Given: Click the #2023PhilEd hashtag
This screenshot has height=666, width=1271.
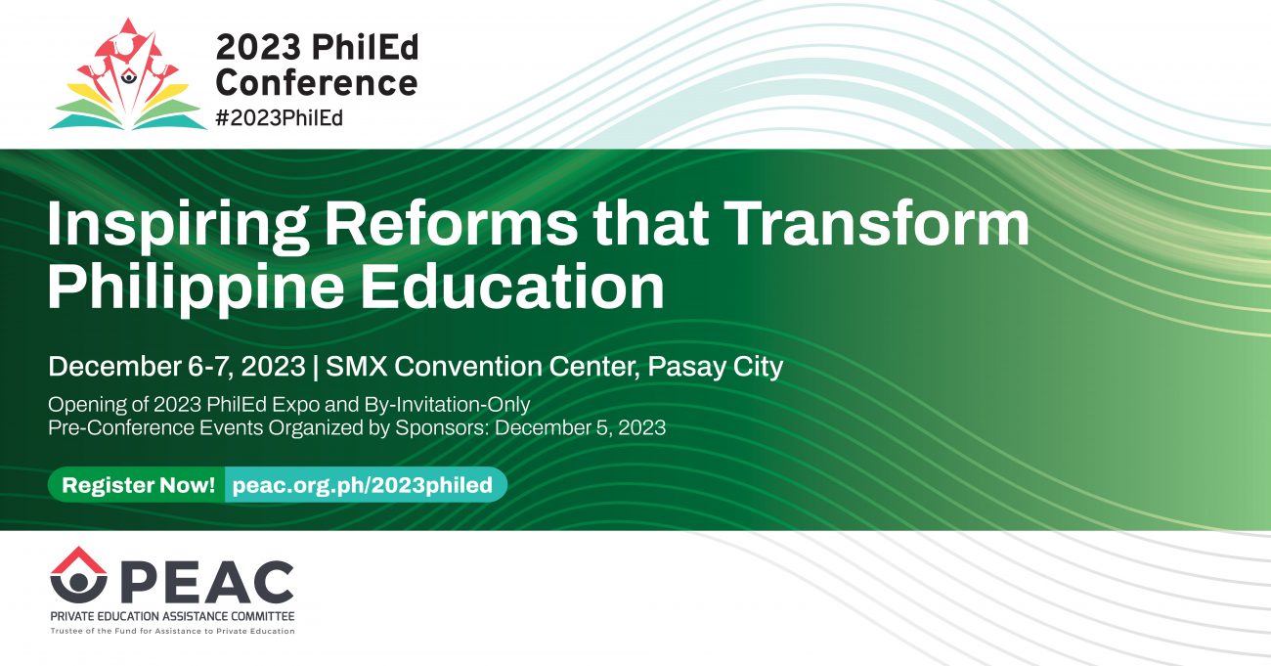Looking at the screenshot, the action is pyautogui.click(x=280, y=118).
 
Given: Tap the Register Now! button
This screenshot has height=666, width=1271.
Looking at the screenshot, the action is pyautogui.click(x=138, y=485).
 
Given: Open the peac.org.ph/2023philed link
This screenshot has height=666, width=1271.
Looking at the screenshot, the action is pyautogui.click(x=363, y=485).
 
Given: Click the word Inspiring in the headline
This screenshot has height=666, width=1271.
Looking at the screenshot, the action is pyautogui.click(x=178, y=225).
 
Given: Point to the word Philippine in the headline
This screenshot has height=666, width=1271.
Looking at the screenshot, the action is pyautogui.click(x=196, y=289).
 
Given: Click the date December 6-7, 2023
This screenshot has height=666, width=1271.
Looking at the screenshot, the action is pyautogui.click(x=177, y=367).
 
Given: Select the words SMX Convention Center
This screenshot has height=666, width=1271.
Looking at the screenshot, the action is pyautogui.click(x=482, y=366).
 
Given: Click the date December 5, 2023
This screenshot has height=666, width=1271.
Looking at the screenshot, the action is pyautogui.click(x=580, y=427).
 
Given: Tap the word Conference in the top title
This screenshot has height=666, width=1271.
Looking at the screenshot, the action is pyautogui.click(x=317, y=83).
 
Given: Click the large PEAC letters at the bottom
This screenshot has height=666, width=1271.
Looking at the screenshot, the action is pyautogui.click(x=206, y=581).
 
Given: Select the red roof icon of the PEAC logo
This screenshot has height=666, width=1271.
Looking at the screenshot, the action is pyautogui.click(x=78, y=560).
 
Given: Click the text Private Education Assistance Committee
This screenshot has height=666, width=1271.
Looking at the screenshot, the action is pyautogui.click(x=172, y=616).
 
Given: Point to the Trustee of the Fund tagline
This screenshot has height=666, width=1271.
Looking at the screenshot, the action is pyautogui.click(x=172, y=632).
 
